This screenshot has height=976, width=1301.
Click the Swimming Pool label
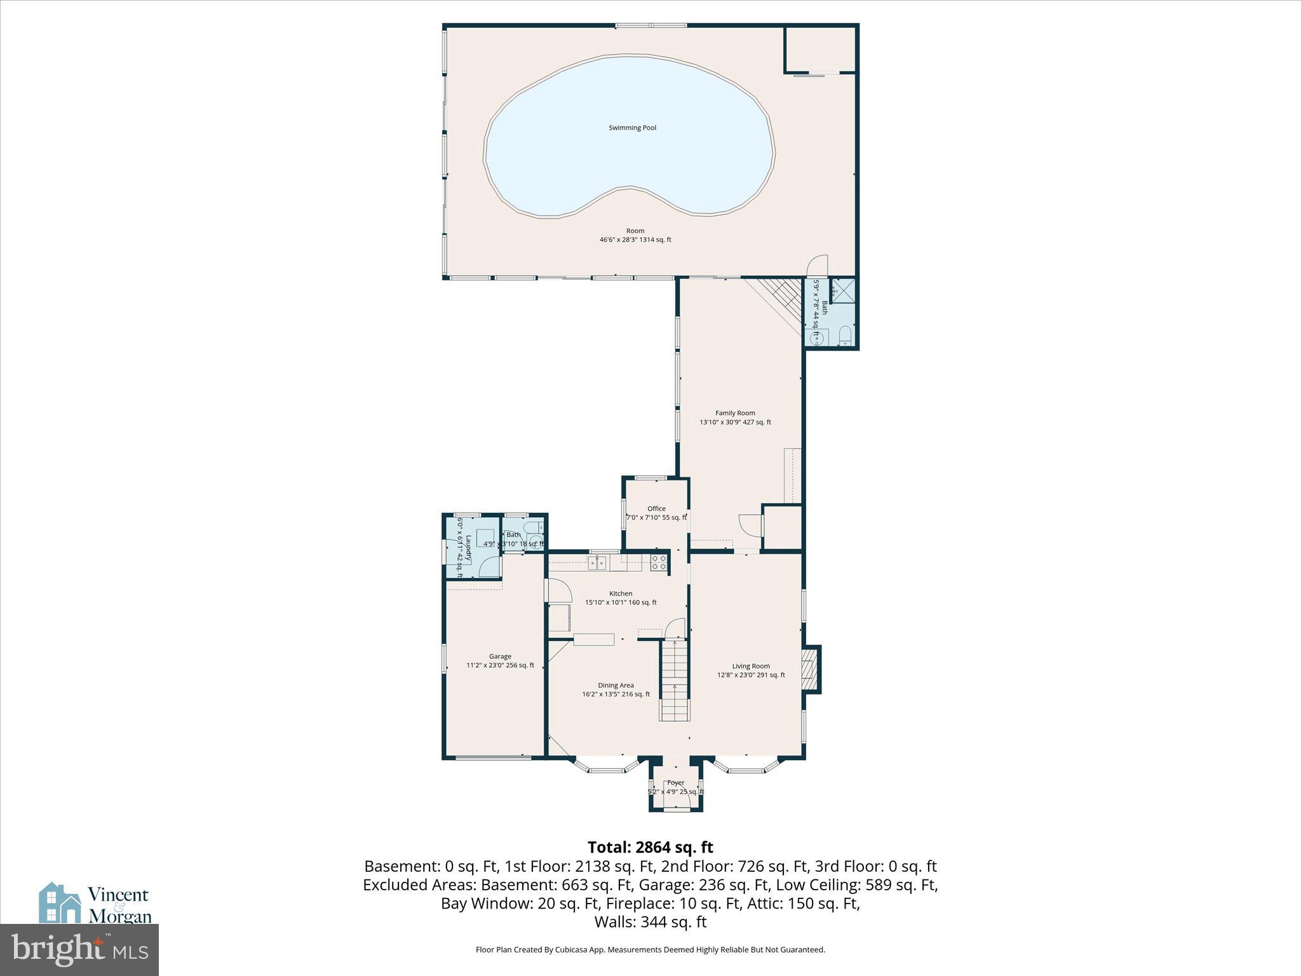(x=632, y=128)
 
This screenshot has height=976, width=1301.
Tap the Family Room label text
(x=735, y=413)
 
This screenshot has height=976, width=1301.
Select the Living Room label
(x=751, y=666)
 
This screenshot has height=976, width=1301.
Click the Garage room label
(x=500, y=656)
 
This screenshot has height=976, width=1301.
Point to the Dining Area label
(x=616, y=685)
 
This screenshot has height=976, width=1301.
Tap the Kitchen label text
(x=621, y=593)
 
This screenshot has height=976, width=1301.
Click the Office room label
(x=656, y=508)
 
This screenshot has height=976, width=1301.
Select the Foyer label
(x=676, y=783)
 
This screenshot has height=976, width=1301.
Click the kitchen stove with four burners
(x=659, y=562)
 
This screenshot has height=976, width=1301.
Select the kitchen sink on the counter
(x=597, y=562)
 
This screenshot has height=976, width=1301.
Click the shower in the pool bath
(x=843, y=292)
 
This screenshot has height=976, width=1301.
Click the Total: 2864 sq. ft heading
(x=650, y=847)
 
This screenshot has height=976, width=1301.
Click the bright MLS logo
(x=79, y=950)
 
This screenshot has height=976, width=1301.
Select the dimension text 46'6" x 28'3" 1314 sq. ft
(x=635, y=240)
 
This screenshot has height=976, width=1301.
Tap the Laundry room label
(x=469, y=548)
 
